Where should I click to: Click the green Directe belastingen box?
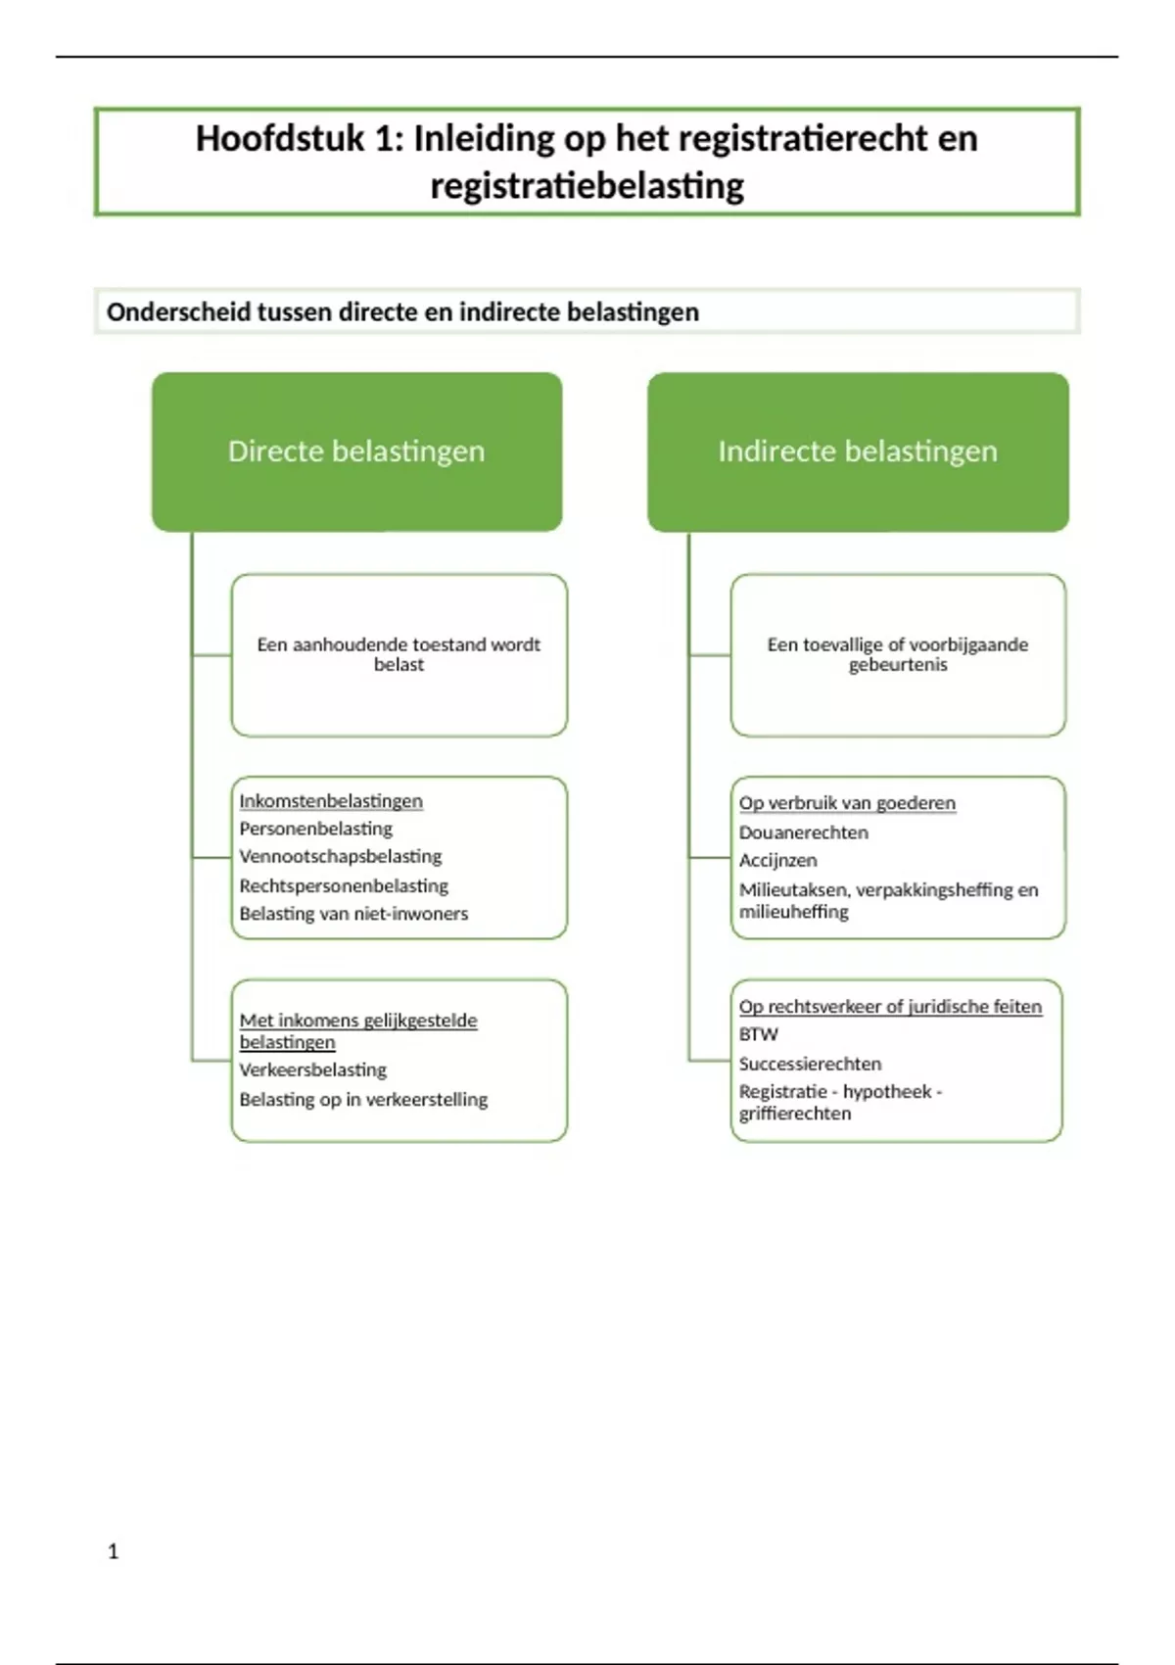coord(356,452)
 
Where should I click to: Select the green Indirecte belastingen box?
coord(858,452)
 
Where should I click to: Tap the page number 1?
coord(114,1551)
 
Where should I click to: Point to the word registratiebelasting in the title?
coord(587,186)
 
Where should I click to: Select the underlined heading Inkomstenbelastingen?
coord(331,801)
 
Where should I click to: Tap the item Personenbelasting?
coord(315,829)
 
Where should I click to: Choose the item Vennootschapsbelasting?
coord(340,857)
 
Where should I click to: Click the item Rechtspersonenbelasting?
coord(344,886)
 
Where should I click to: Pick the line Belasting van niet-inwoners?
coord(353,914)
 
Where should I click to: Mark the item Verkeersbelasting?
coord(312,1070)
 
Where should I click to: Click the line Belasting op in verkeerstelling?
coord(363,1100)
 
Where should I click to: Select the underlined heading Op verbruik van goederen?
coord(847,803)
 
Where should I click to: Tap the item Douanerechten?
coord(803,832)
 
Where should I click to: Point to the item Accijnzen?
coord(777,861)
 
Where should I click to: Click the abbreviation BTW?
coord(758,1034)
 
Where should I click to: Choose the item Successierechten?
coord(810,1064)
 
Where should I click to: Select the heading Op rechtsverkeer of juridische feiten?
coord(890,1007)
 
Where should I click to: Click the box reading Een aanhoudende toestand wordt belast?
coord(399,654)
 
